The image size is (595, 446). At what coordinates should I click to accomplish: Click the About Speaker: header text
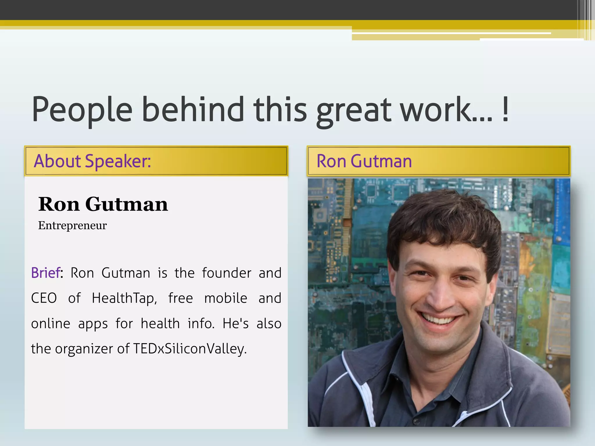(x=92, y=161)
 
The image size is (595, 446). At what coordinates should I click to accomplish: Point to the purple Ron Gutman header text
(x=364, y=161)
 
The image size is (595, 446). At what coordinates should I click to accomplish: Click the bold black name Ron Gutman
(x=103, y=204)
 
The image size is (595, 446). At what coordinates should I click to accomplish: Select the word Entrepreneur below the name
(x=72, y=225)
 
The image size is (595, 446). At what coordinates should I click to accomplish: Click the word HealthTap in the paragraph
(x=124, y=298)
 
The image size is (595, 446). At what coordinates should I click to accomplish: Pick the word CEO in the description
(x=44, y=298)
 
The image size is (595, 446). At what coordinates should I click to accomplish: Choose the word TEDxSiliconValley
(x=190, y=349)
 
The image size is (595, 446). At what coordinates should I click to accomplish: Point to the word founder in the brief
(x=227, y=273)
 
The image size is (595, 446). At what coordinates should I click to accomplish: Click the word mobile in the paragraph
(x=226, y=298)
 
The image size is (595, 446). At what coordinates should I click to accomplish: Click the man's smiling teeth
(x=439, y=319)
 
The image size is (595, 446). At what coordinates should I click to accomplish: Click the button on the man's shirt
(x=416, y=421)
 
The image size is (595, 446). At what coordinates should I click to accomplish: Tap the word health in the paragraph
(x=160, y=323)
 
